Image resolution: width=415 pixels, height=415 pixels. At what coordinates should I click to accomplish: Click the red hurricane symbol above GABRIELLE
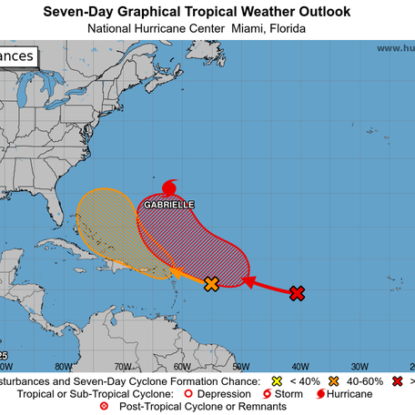(169, 188)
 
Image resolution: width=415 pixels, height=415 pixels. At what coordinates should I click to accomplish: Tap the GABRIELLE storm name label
(169, 206)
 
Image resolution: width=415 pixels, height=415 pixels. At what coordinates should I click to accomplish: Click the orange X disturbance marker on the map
(212, 284)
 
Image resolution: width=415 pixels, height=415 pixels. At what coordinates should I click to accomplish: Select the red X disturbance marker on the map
(297, 293)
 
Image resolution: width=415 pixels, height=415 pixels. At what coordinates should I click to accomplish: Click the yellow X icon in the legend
(278, 380)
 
